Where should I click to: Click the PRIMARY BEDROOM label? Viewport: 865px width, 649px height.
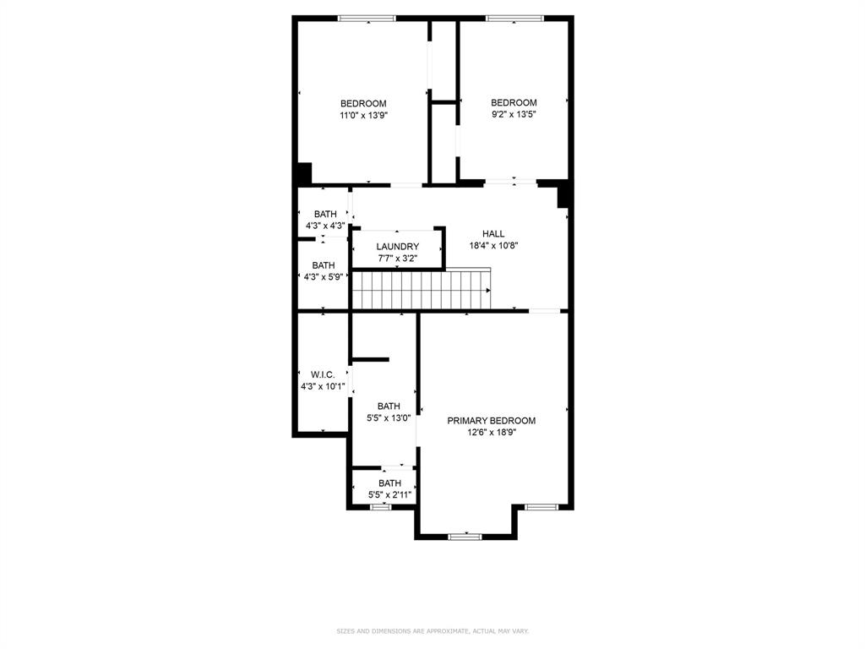pos(491,420)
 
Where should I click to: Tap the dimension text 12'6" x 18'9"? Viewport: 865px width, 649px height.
pos(491,432)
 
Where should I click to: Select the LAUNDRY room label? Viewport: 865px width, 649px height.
pos(397,247)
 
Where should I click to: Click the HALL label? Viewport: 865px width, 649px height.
pos(493,234)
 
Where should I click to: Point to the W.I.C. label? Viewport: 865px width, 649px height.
pos(323,374)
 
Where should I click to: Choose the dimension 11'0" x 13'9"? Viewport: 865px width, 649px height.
pos(363,115)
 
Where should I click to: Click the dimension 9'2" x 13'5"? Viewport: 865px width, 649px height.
pos(514,114)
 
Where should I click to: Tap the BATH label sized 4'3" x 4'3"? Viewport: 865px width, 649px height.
pos(325,215)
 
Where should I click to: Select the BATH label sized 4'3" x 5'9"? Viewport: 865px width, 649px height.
pos(323,265)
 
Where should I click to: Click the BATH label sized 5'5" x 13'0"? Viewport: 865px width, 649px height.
pos(389,406)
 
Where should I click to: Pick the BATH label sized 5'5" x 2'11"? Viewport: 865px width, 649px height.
pos(389,483)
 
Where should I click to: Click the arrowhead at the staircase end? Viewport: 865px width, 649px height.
pos(488,290)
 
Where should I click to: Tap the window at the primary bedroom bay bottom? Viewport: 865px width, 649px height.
pos(465,536)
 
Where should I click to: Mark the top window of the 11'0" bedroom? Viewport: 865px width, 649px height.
pos(367,18)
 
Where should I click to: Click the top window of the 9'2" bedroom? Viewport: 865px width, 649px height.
pos(514,18)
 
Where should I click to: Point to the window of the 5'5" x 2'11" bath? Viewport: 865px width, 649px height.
pos(381,507)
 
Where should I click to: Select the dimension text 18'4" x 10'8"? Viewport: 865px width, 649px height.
pos(493,246)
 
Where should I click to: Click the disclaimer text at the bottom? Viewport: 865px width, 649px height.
pos(432,630)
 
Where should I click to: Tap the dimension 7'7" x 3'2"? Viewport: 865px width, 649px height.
pos(397,259)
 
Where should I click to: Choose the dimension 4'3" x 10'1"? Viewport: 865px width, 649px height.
pos(323,386)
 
